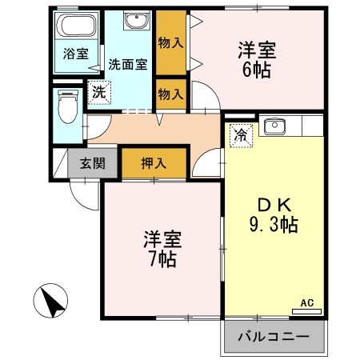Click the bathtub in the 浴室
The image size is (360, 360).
pyautogui.click(x=77, y=25)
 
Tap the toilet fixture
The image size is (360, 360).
pyautogui.click(x=68, y=106)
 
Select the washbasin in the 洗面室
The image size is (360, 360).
pyautogui.click(x=137, y=20)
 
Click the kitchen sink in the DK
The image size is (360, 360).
pyautogui.click(x=274, y=126)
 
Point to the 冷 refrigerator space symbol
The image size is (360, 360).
pyautogui.click(x=241, y=136)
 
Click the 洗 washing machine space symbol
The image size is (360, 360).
pyautogui.click(x=99, y=93)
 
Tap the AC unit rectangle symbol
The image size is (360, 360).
pyautogui.click(x=306, y=311)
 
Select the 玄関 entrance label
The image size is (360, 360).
pyautogui.click(x=93, y=163)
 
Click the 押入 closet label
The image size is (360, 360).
pyautogui.click(x=154, y=163)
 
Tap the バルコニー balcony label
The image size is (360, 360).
pyautogui.click(x=274, y=337)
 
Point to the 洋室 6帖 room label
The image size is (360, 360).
pyautogui.click(x=257, y=60)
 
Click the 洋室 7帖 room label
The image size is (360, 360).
pyautogui.click(x=162, y=249)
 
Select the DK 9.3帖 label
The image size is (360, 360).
pyautogui.click(x=274, y=215)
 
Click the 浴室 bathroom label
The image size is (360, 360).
pyautogui.click(x=76, y=54)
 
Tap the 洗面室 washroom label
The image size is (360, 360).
pyautogui.click(x=128, y=64)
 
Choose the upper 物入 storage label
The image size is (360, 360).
pyautogui.click(x=170, y=43)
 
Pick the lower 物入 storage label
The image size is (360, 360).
pyautogui.click(x=170, y=94)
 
